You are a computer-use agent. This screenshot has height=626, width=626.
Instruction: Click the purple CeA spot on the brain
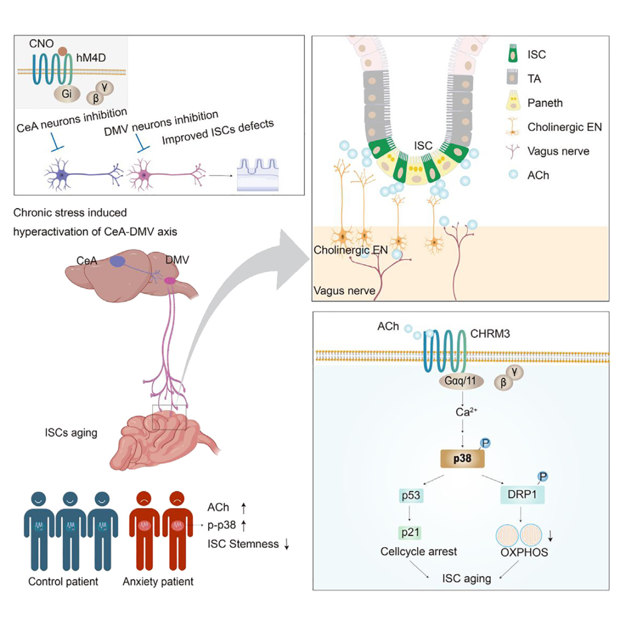(x=117, y=261)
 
